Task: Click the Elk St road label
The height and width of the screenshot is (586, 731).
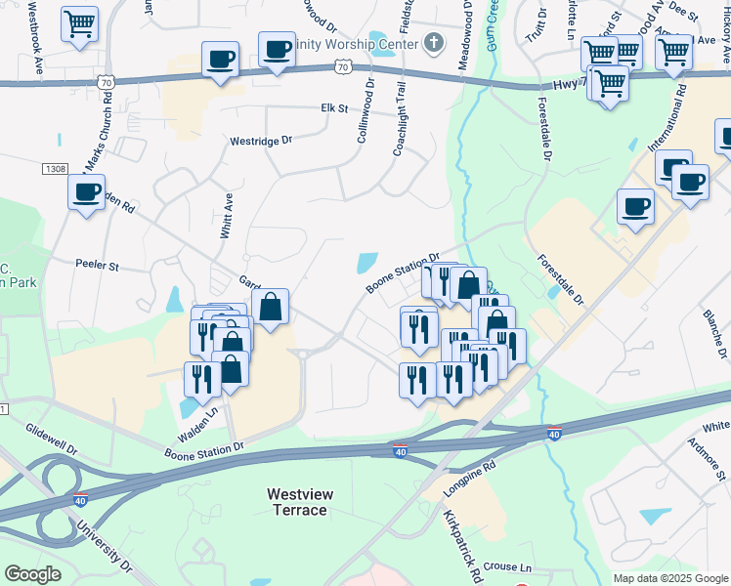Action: point(335,108)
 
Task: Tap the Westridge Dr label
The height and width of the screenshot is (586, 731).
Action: point(261,141)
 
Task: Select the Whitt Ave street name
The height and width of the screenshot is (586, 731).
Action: point(227,216)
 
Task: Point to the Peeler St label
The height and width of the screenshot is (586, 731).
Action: point(97,265)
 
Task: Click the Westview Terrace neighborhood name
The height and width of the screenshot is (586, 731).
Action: point(300,502)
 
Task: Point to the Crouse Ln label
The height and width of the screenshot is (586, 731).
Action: point(506,567)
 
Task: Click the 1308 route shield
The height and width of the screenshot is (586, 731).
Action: point(55,169)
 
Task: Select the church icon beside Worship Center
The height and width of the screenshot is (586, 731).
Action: point(434,43)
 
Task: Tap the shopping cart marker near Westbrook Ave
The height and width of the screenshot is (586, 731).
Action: point(79,22)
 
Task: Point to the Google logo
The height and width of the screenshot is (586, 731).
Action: point(33,574)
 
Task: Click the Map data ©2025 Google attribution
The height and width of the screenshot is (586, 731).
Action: point(669,578)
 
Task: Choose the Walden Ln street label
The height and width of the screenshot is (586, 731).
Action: point(196,427)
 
